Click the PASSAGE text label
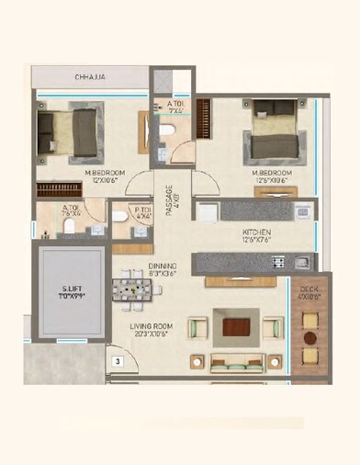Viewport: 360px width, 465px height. tap(169, 198)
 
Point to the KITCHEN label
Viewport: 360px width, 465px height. tap(255, 232)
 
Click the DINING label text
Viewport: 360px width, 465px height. tap(163, 265)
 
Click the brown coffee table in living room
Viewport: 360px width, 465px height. tap(237, 326)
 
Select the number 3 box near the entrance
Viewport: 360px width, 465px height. tap(117, 361)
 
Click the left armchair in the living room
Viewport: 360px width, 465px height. tap(196, 327)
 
